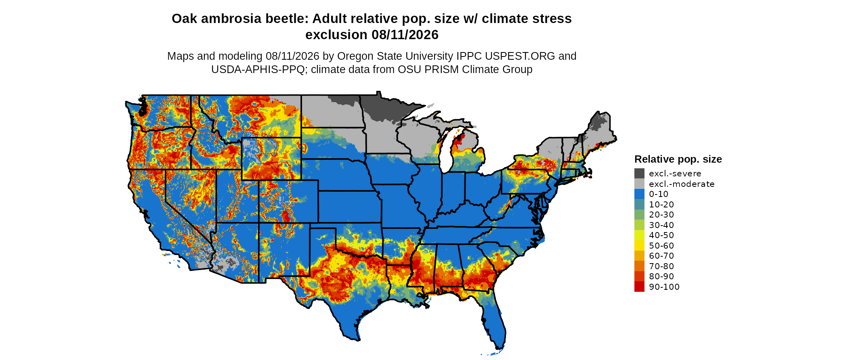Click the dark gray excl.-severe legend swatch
click(x=639, y=174)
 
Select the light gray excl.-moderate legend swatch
click(x=639, y=184)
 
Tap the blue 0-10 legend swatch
click(x=639, y=194)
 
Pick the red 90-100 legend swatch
click(x=639, y=287)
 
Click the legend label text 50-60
click(x=661, y=246)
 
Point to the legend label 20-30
click(x=661, y=215)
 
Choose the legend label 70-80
click(x=661, y=266)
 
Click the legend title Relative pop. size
click(x=678, y=159)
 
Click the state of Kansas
click(x=349, y=206)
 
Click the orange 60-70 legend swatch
click(x=639, y=256)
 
